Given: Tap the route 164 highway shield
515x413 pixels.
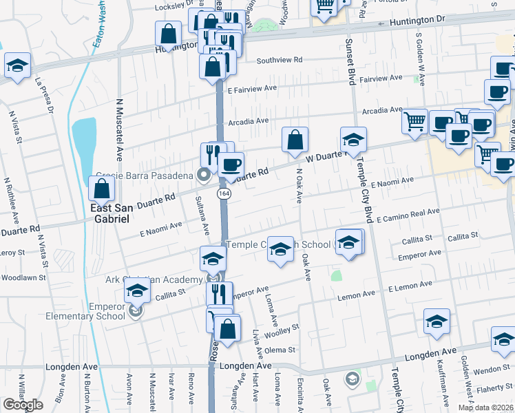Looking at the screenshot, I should pos(224,195).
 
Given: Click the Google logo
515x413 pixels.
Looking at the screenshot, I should pos(23,405).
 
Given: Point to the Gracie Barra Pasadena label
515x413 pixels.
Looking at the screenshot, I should pos(145,176).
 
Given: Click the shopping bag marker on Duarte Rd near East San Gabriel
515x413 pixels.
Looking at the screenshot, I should pos(101,188).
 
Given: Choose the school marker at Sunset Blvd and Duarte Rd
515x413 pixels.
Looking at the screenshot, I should pos(353,139).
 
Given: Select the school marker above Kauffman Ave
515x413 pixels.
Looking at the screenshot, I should pos(437,321).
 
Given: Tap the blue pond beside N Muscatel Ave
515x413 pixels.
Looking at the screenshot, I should pos(84,138).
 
